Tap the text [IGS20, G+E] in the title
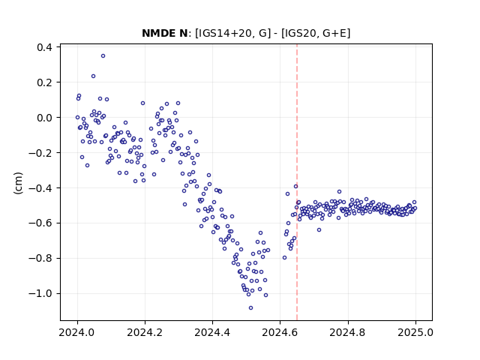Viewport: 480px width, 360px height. (316, 33)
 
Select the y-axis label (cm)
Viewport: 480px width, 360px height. (18, 183)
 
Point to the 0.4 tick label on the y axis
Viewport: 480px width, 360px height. (44, 47)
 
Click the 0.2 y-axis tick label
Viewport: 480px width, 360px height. (44, 82)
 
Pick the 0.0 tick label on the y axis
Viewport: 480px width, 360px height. (44, 118)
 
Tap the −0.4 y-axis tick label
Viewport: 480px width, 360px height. (40, 188)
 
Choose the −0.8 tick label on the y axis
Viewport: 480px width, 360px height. (40, 258)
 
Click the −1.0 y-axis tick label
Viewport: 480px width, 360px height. (40, 293)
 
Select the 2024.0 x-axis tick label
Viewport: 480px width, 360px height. (77, 332)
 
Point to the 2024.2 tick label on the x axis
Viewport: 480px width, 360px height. (145, 332)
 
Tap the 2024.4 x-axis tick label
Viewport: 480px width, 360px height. (212, 332)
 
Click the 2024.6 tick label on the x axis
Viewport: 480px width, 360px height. (280, 332)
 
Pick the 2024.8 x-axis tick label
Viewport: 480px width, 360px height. (348, 332)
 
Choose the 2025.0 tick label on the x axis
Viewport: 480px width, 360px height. (415, 332)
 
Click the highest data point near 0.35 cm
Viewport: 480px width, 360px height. (103, 56)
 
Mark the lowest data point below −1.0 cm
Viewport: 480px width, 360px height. (250, 308)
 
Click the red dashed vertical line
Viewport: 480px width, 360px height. (297, 182)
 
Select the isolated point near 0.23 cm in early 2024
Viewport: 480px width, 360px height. (93, 76)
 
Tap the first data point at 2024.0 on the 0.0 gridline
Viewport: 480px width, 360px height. (77, 118)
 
